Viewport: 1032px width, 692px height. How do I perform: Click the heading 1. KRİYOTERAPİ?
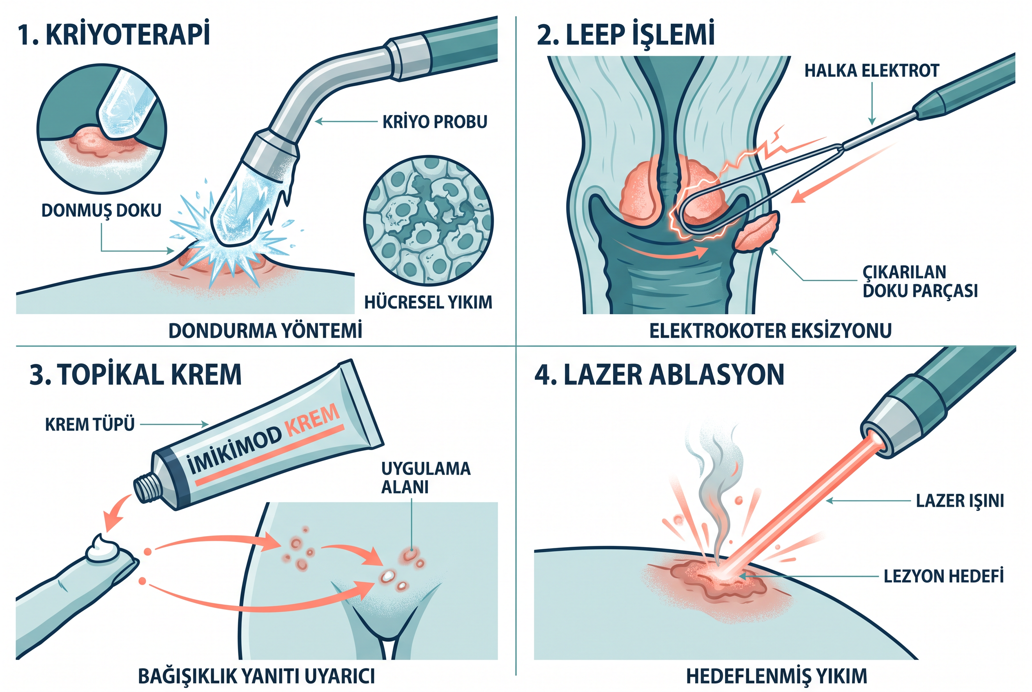click(x=113, y=34)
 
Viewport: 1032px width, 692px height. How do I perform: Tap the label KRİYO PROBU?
click(x=435, y=122)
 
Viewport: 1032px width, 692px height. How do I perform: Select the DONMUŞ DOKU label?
click(x=102, y=211)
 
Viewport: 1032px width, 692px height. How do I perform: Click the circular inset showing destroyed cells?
click(x=428, y=221)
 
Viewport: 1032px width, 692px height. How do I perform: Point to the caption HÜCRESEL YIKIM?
click(x=428, y=302)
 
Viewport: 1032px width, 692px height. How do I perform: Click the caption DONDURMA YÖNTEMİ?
click(x=265, y=330)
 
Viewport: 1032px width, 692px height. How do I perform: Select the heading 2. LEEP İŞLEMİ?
click(x=625, y=34)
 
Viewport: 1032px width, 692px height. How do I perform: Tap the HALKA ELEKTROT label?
click(x=872, y=71)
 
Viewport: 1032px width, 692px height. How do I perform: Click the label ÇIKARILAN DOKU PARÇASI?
click(x=920, y=282)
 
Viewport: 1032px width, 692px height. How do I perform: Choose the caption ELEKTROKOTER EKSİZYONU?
click(x=771, y=330)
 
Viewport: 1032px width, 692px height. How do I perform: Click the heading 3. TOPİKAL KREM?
click(x=136, y=375)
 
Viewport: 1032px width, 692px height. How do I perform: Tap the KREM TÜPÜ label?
click(x=90, y=425)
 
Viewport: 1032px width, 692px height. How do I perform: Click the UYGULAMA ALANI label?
click(x=426, y=477)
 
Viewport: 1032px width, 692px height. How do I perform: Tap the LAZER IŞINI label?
click(x=960, y=501)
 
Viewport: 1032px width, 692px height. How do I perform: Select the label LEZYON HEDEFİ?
click(x=944, y=576)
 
